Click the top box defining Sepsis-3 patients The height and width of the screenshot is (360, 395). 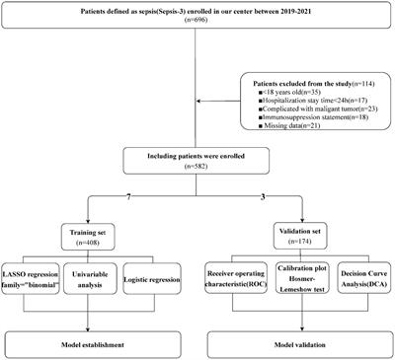[x=197, y=21]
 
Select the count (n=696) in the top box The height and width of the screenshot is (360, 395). [x=197, y=28]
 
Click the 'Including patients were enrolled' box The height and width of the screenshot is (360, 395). [x=197, y=160]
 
